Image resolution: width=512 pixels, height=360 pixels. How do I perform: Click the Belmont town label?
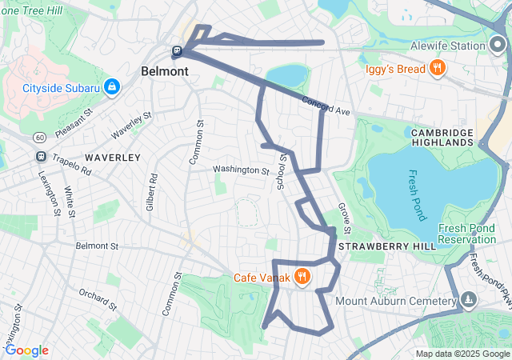pyautogui.click(x=165, y=71)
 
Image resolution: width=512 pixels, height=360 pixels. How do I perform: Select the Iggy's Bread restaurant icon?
pyautogui.click(x=437, y=68)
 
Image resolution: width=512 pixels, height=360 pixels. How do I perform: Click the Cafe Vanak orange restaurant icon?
pyautogui.click(x=302, y=278)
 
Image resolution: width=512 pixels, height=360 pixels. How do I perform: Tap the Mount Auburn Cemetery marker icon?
pyautogui.click(x=468, y=301)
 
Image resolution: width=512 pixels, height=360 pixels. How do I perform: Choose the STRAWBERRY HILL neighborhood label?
pyautogui.click(x=387, y=246)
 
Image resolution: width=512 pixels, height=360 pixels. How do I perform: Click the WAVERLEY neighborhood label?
pyautogui.click(x=113, y=158)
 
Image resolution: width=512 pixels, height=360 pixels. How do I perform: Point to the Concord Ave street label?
pyautogui.click(x=326, y=106)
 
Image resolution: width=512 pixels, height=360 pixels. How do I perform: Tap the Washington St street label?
pyautogui.click(x=241, y=170)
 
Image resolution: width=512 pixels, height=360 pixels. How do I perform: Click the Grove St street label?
pyautogui.click(x=345, y=216)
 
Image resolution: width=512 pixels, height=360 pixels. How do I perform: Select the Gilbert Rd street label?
pyautogui.click(x=150, y=191)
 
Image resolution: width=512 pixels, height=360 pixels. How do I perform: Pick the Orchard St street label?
pyautogui.click(x=98, y=302)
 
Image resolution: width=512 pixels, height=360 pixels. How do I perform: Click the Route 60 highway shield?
pyautogui.click(x=39, y=138)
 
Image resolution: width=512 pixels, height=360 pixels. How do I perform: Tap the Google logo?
pyautogui.click(x=26, y=350)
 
